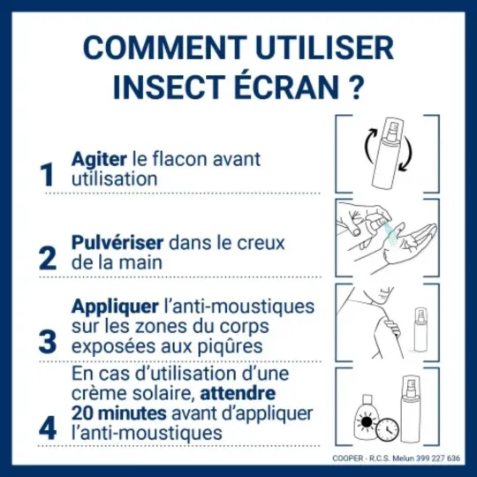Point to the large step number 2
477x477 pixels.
pyautogui.click(x=48, y=257)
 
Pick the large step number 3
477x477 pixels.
pyautogui.click(x=48, y=339)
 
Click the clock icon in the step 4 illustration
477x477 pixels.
pyautogui.click(x=385, y=429)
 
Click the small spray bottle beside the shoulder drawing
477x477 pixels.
pyautogui.click(x=420, y=330)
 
